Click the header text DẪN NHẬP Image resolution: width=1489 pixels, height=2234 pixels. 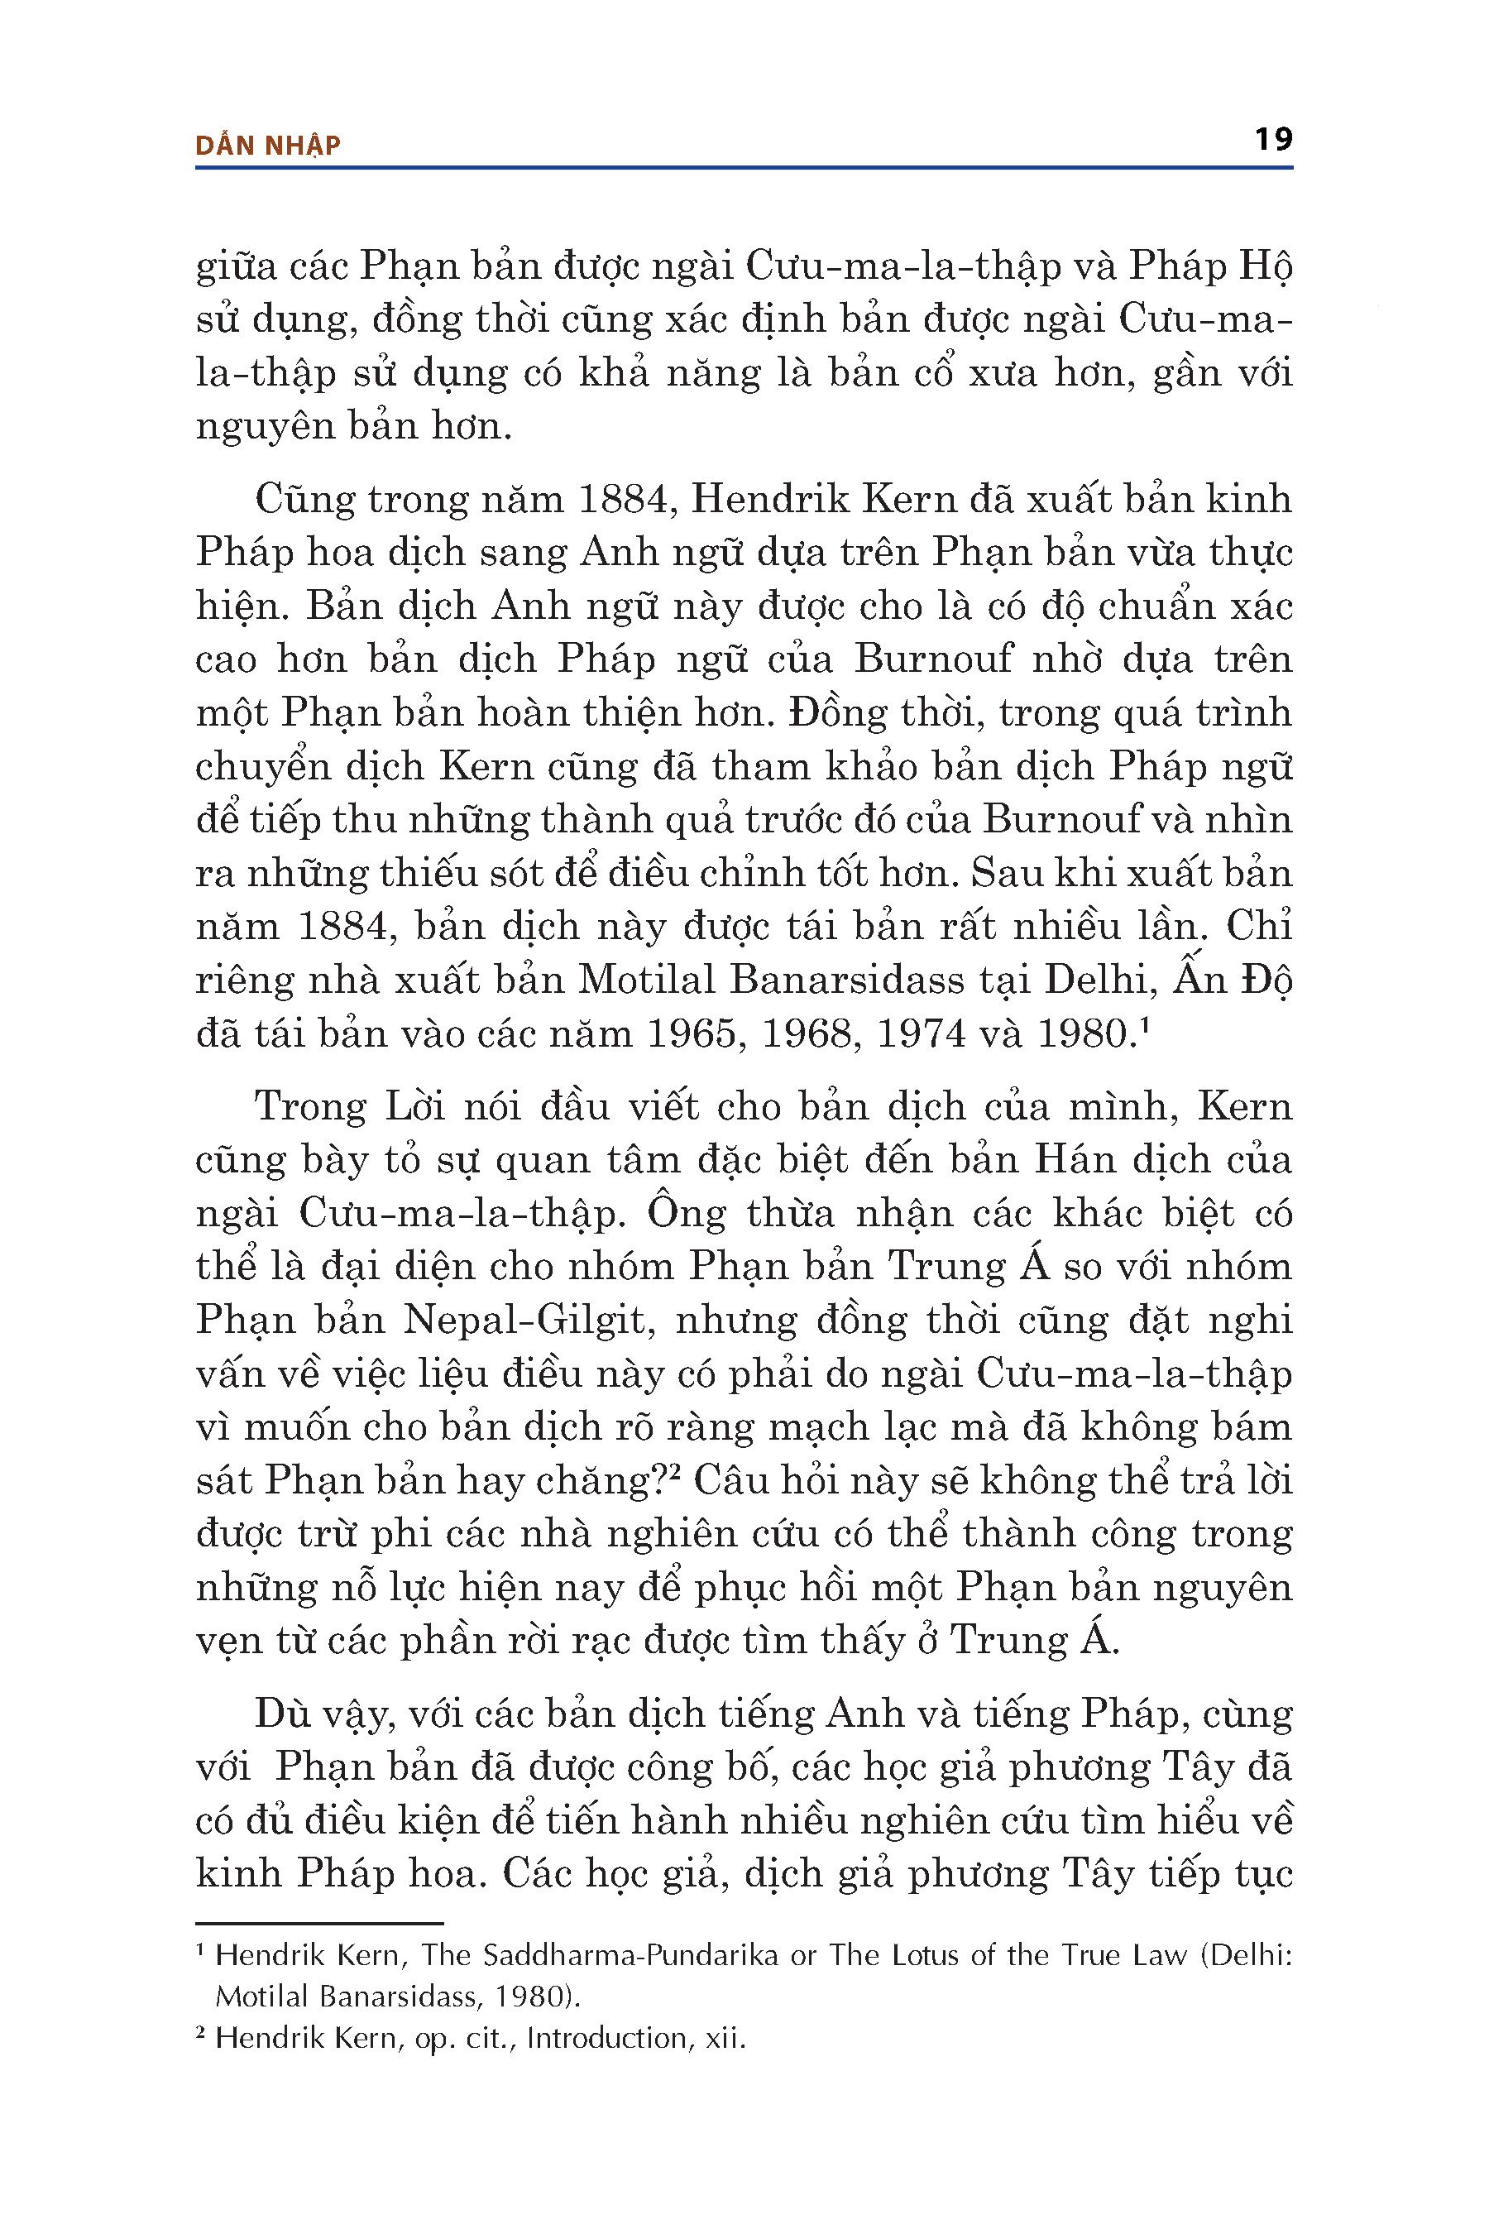click(x=268, y=146)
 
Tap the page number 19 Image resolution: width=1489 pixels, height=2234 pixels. click(x=1272, y=141)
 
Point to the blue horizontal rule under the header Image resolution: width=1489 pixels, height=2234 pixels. click(x=744, y=168)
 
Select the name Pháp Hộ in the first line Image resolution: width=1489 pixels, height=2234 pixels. click(x=1209, y=267)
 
